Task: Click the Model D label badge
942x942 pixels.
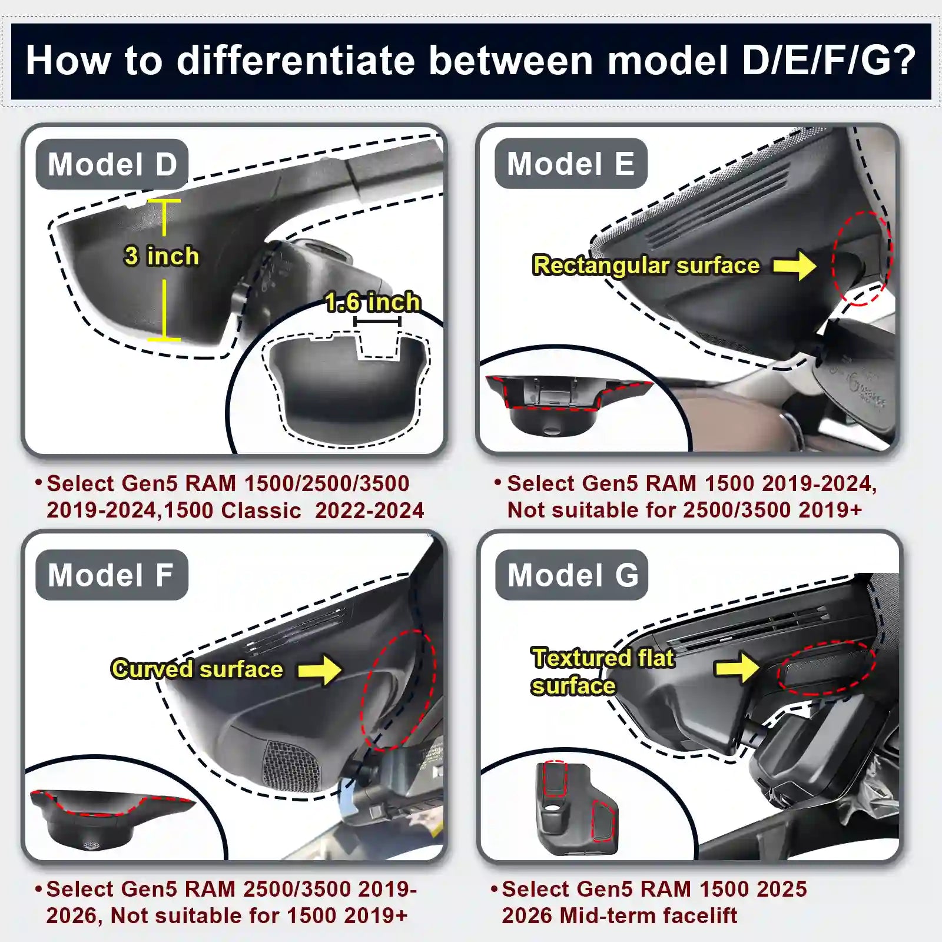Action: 112,164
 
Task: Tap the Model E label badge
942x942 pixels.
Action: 570,164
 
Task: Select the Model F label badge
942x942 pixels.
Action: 111,575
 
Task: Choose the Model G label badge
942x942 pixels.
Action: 572,575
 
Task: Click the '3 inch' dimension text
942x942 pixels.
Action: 161,257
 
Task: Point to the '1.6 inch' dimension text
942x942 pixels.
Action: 373,303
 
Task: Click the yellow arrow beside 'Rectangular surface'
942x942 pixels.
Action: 795,266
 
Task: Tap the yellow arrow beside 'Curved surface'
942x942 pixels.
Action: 320,670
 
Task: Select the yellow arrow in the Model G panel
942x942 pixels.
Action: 738,668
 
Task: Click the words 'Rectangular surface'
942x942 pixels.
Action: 646,266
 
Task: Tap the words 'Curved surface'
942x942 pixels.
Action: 197,669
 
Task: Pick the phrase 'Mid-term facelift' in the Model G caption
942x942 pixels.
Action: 648,916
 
